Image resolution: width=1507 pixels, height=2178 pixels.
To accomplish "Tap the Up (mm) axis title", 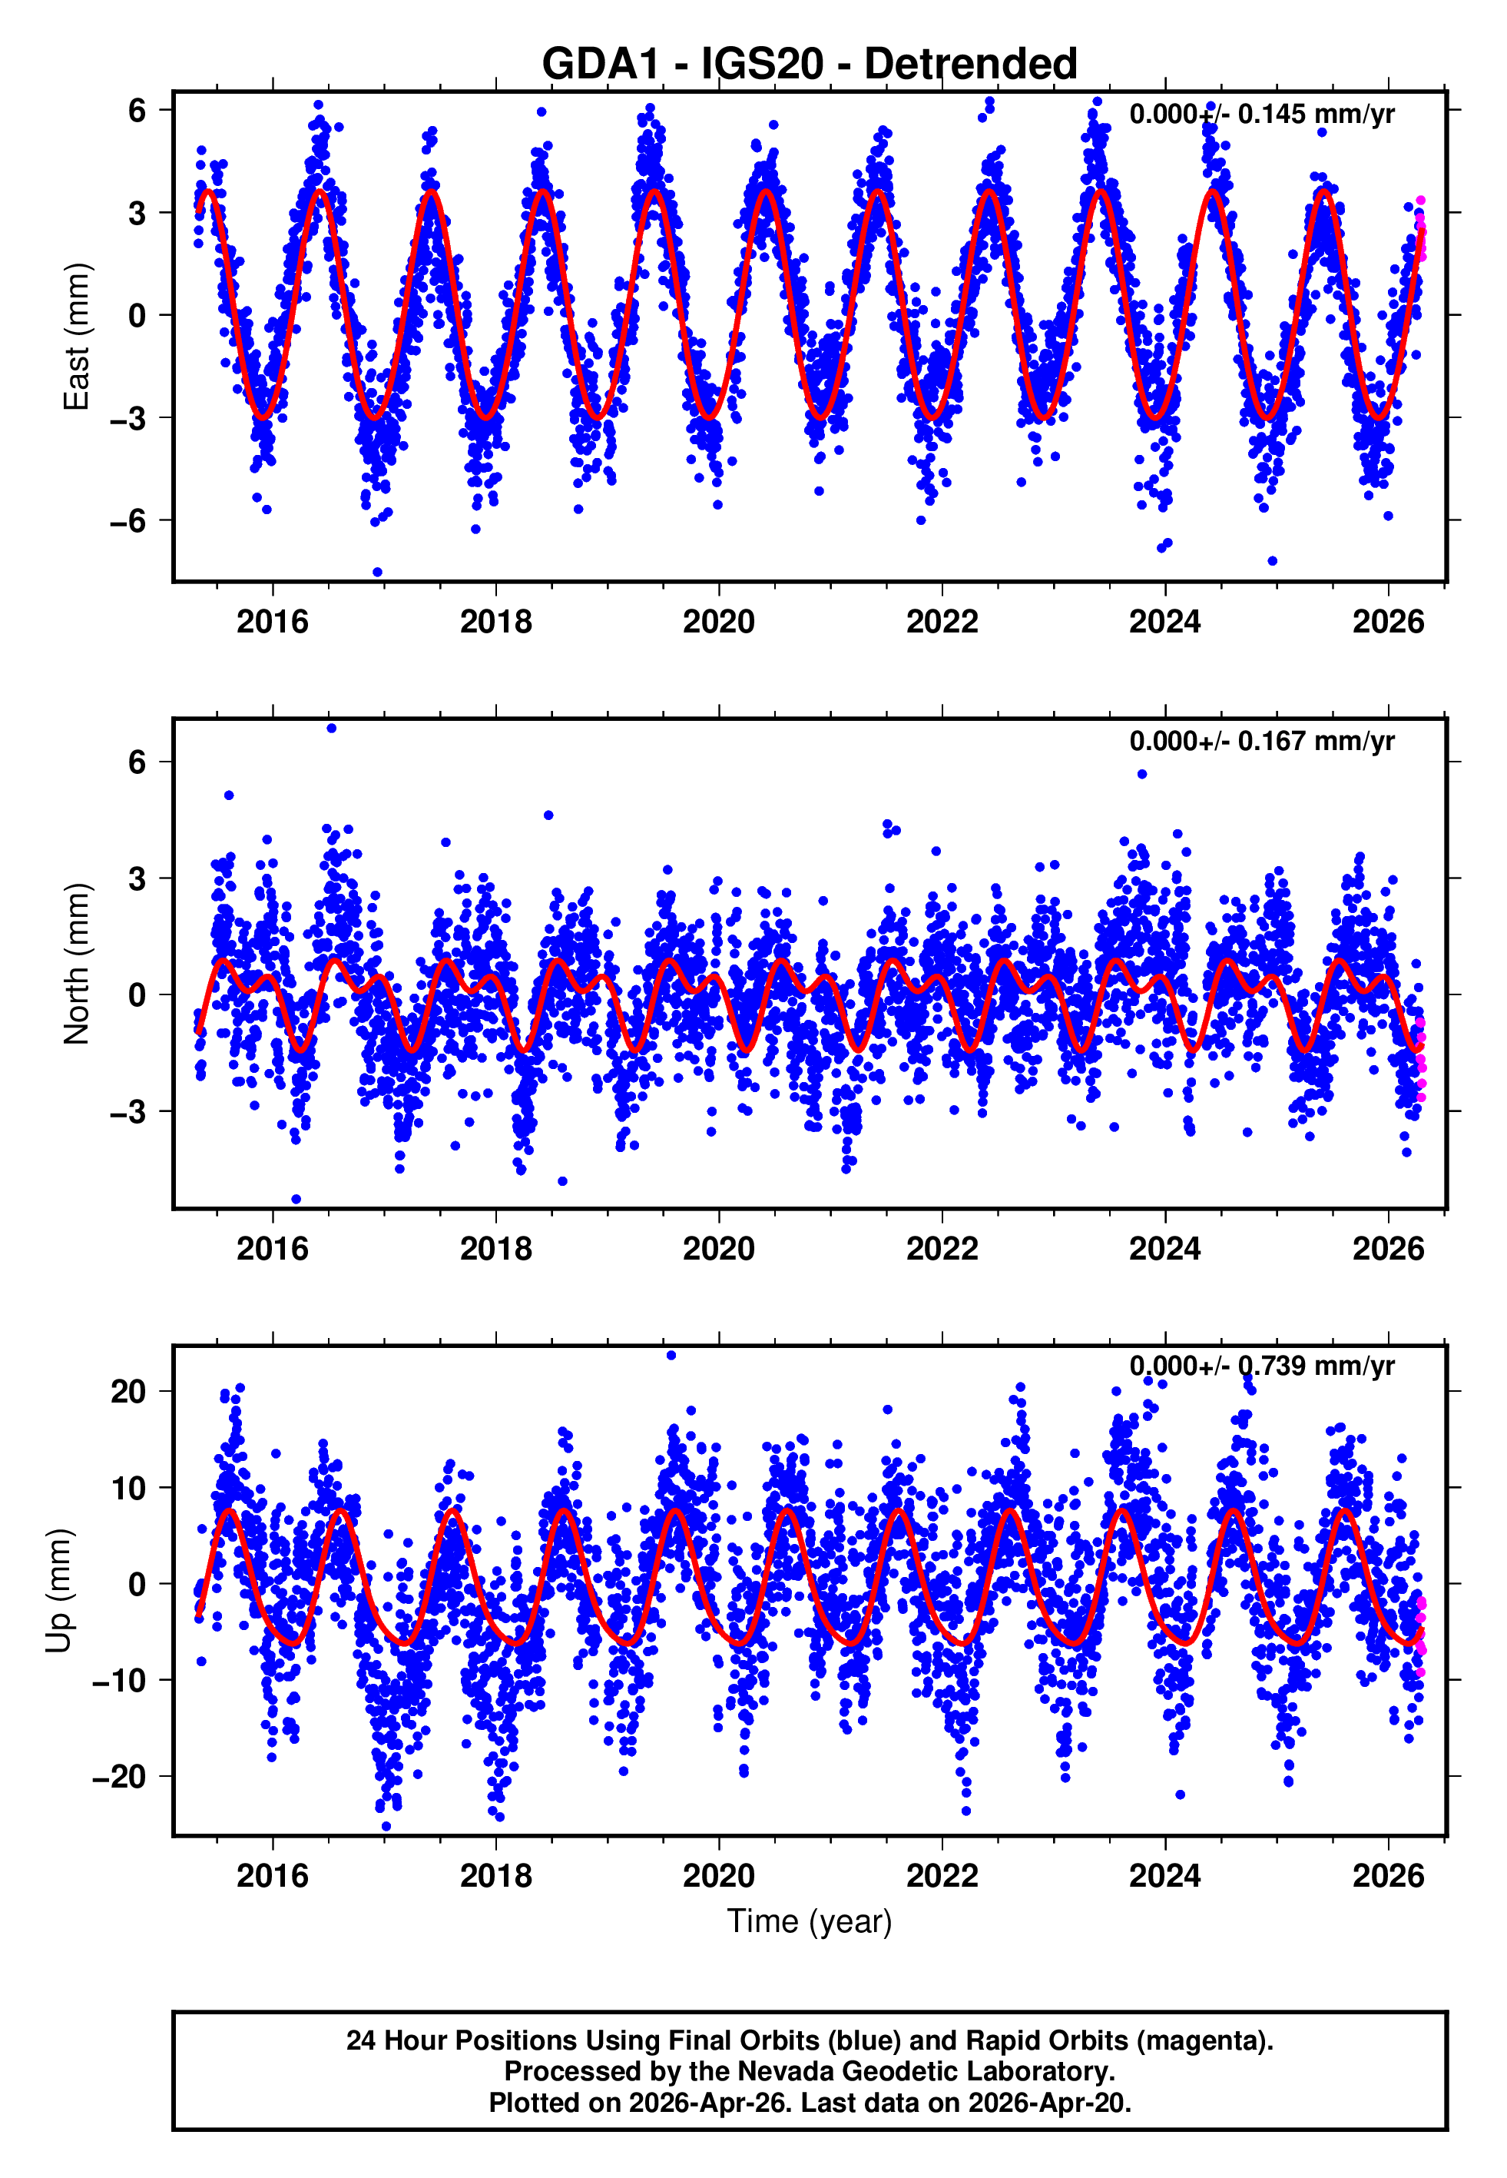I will (58, 1591).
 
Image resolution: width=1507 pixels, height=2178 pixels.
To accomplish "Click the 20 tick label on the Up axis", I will (129, 1391).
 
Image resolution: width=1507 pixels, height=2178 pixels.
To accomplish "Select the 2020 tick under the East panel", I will (719, 623).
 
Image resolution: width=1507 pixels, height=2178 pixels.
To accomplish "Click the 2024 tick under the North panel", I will (1164, 1249).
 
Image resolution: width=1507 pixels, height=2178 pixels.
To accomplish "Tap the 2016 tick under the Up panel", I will (272, 1876).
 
